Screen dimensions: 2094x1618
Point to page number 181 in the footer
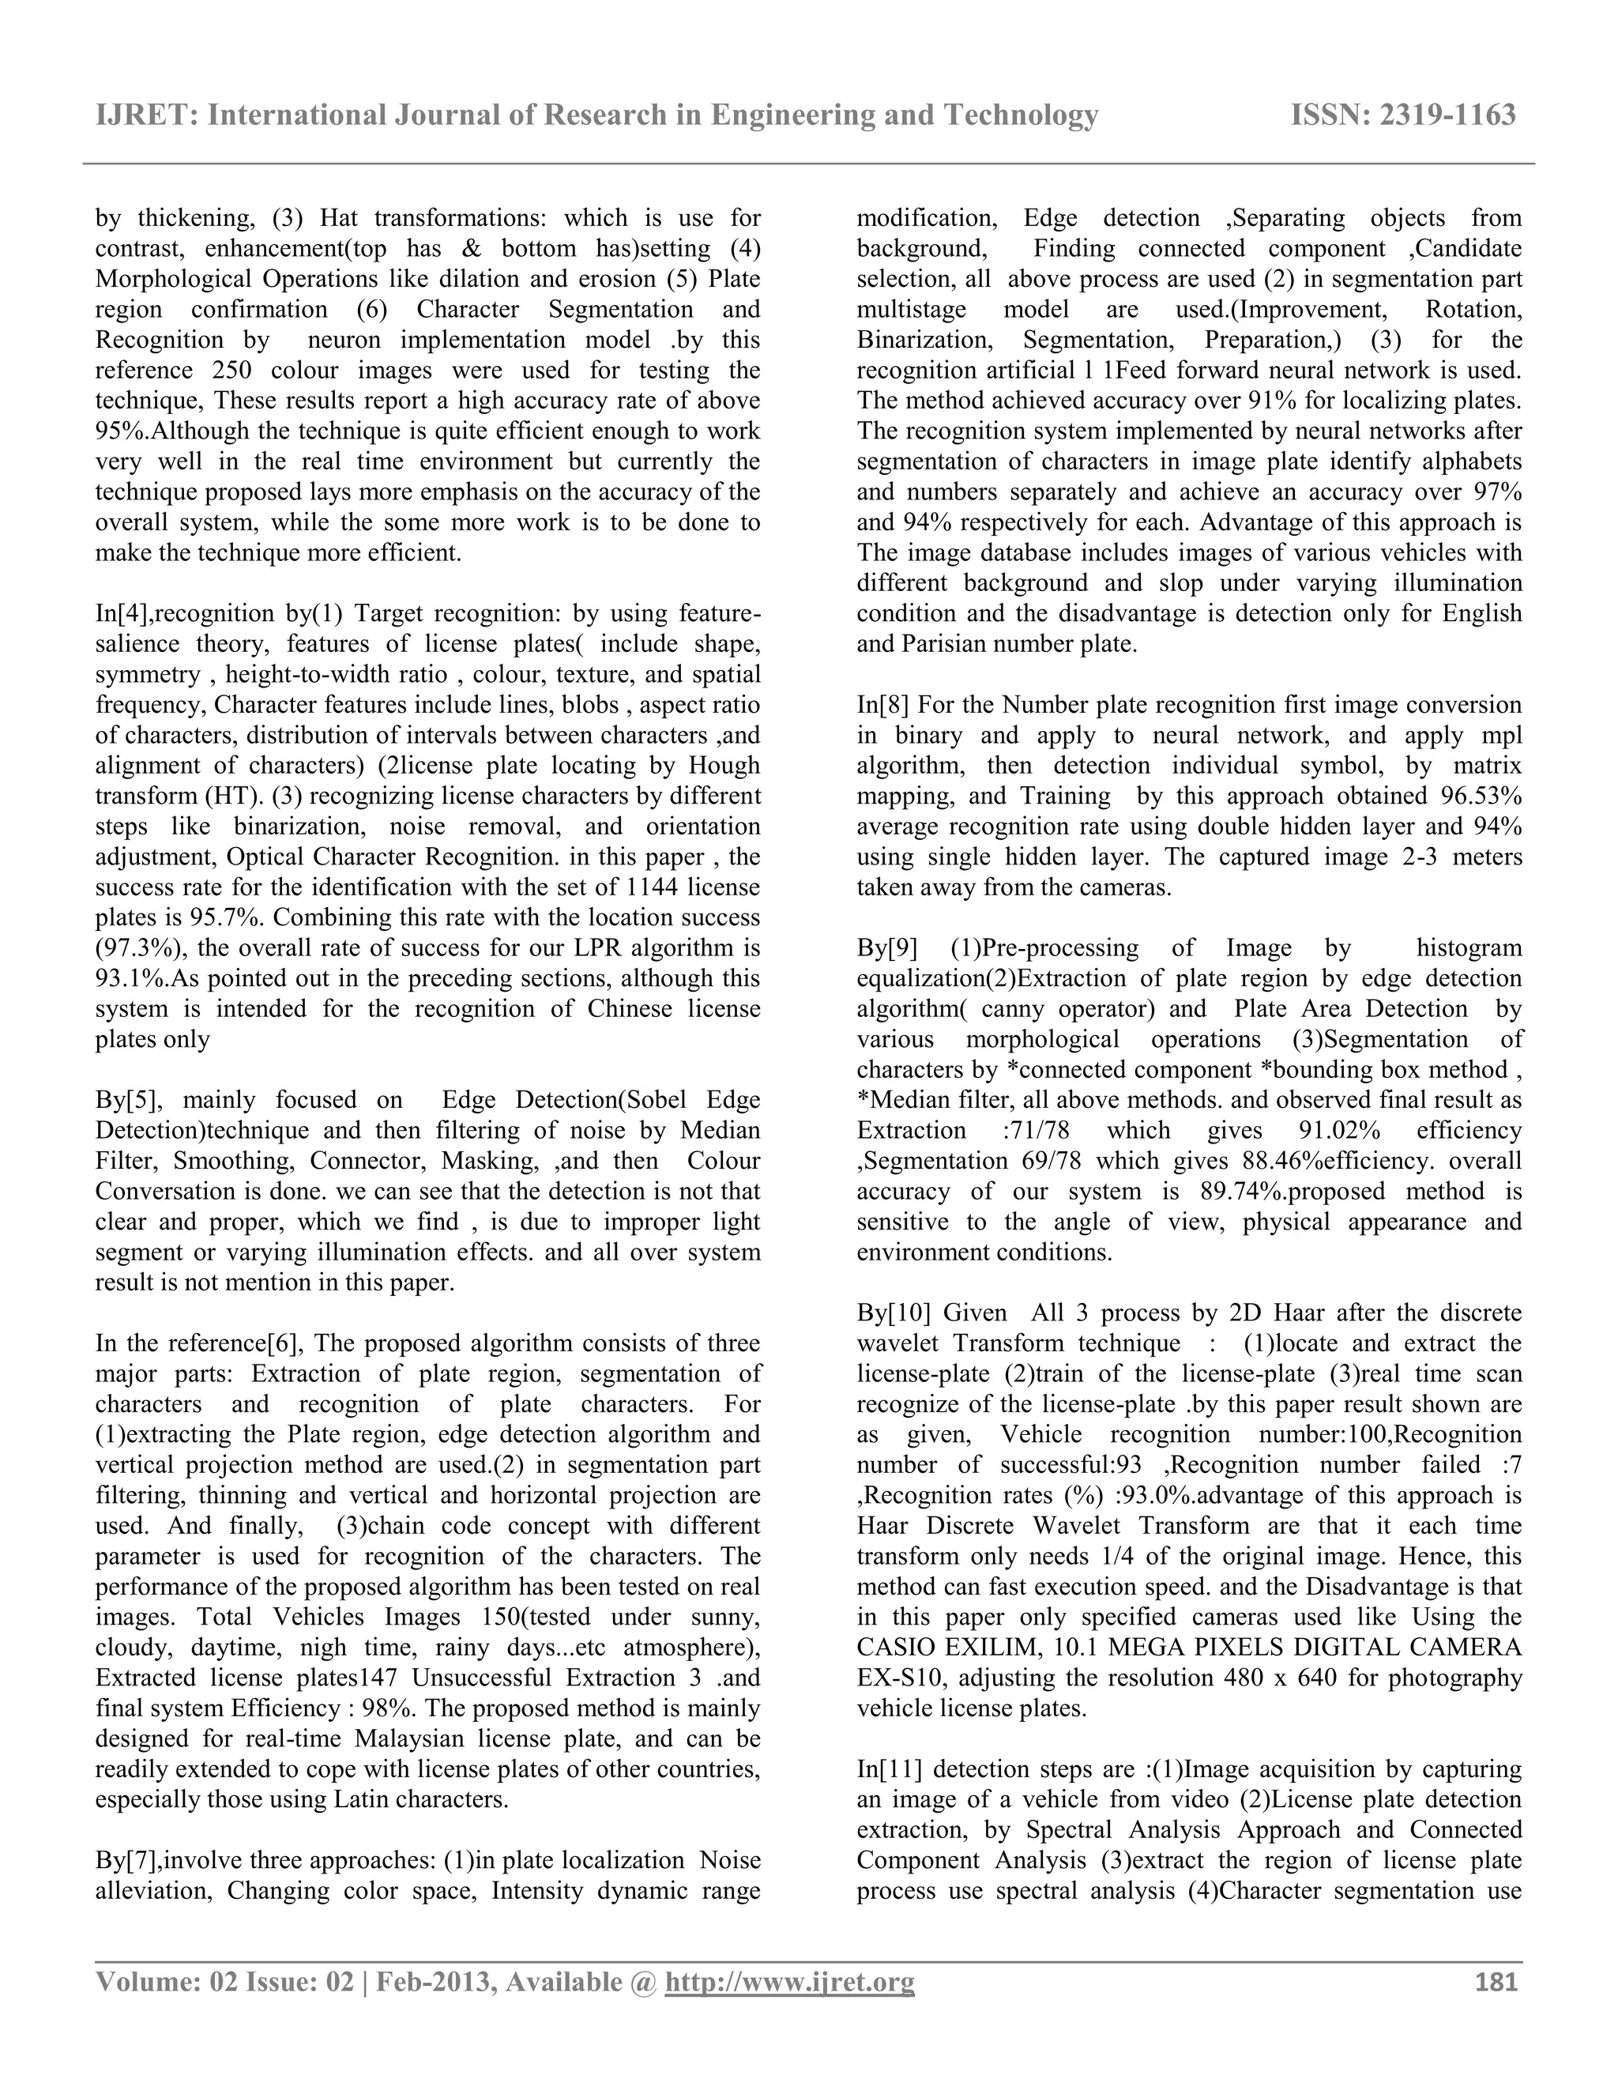pos(1496,1982)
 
